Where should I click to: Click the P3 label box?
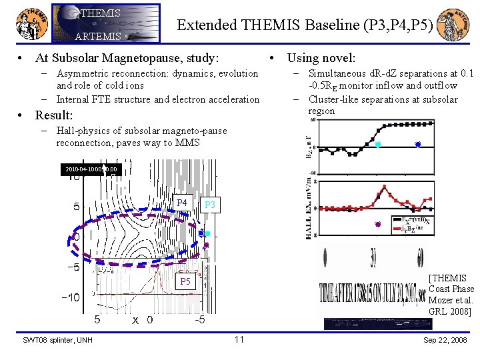click(x=209, y=205)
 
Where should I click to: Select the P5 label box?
click(x=184, y=282)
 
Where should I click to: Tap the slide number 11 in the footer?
click(x=239, y=340)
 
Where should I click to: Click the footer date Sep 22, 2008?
click(x=446, y=341)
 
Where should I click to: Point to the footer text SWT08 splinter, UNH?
click(x=57, y=341)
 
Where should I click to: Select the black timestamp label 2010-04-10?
click(x=91, y=170)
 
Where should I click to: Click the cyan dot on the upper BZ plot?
click(x=378, y=144)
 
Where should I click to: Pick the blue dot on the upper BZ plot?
click(x=418, y=144)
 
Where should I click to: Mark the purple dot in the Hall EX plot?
click(x=377, y=224)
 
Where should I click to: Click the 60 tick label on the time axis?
click(x=420, y=257)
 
